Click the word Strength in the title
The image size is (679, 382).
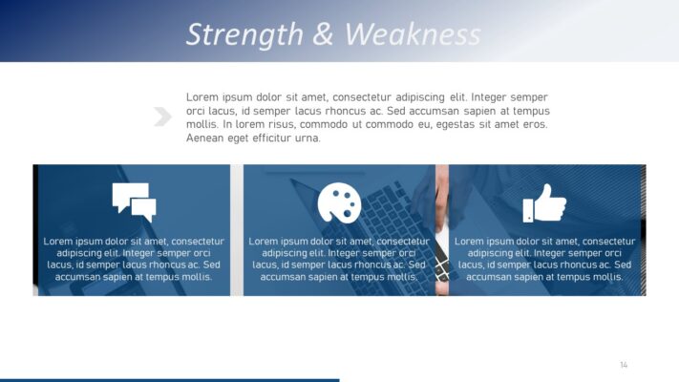(244, 34)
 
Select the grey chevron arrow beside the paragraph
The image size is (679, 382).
(161, 117)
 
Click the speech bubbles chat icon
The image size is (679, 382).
(134, 202)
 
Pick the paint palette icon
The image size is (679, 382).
(339, 202)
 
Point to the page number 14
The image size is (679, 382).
(624, 365)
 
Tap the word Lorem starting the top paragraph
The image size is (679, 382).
(202, 97)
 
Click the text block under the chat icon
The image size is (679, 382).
(134, 259)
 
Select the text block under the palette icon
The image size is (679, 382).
(339, 259)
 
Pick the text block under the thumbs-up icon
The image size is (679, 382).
(544, 259)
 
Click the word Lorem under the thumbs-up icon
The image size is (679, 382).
(470, 242)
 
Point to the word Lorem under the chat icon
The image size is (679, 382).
(59, 242)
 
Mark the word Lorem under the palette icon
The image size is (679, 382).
(265, 242)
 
